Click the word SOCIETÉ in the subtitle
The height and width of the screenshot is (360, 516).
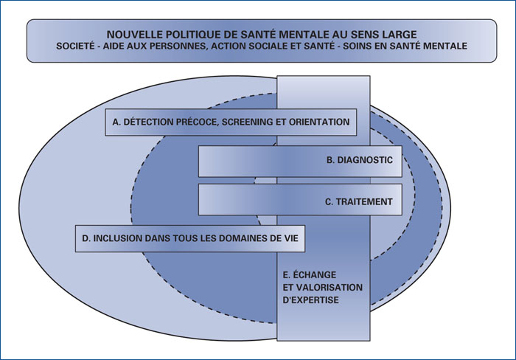[74, 46]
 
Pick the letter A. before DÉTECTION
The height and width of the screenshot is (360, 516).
[116, 122]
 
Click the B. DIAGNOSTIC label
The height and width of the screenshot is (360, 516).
[360, 160]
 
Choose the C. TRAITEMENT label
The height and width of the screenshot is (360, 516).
[359, 201]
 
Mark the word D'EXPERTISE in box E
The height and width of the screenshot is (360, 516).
[310, 300]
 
